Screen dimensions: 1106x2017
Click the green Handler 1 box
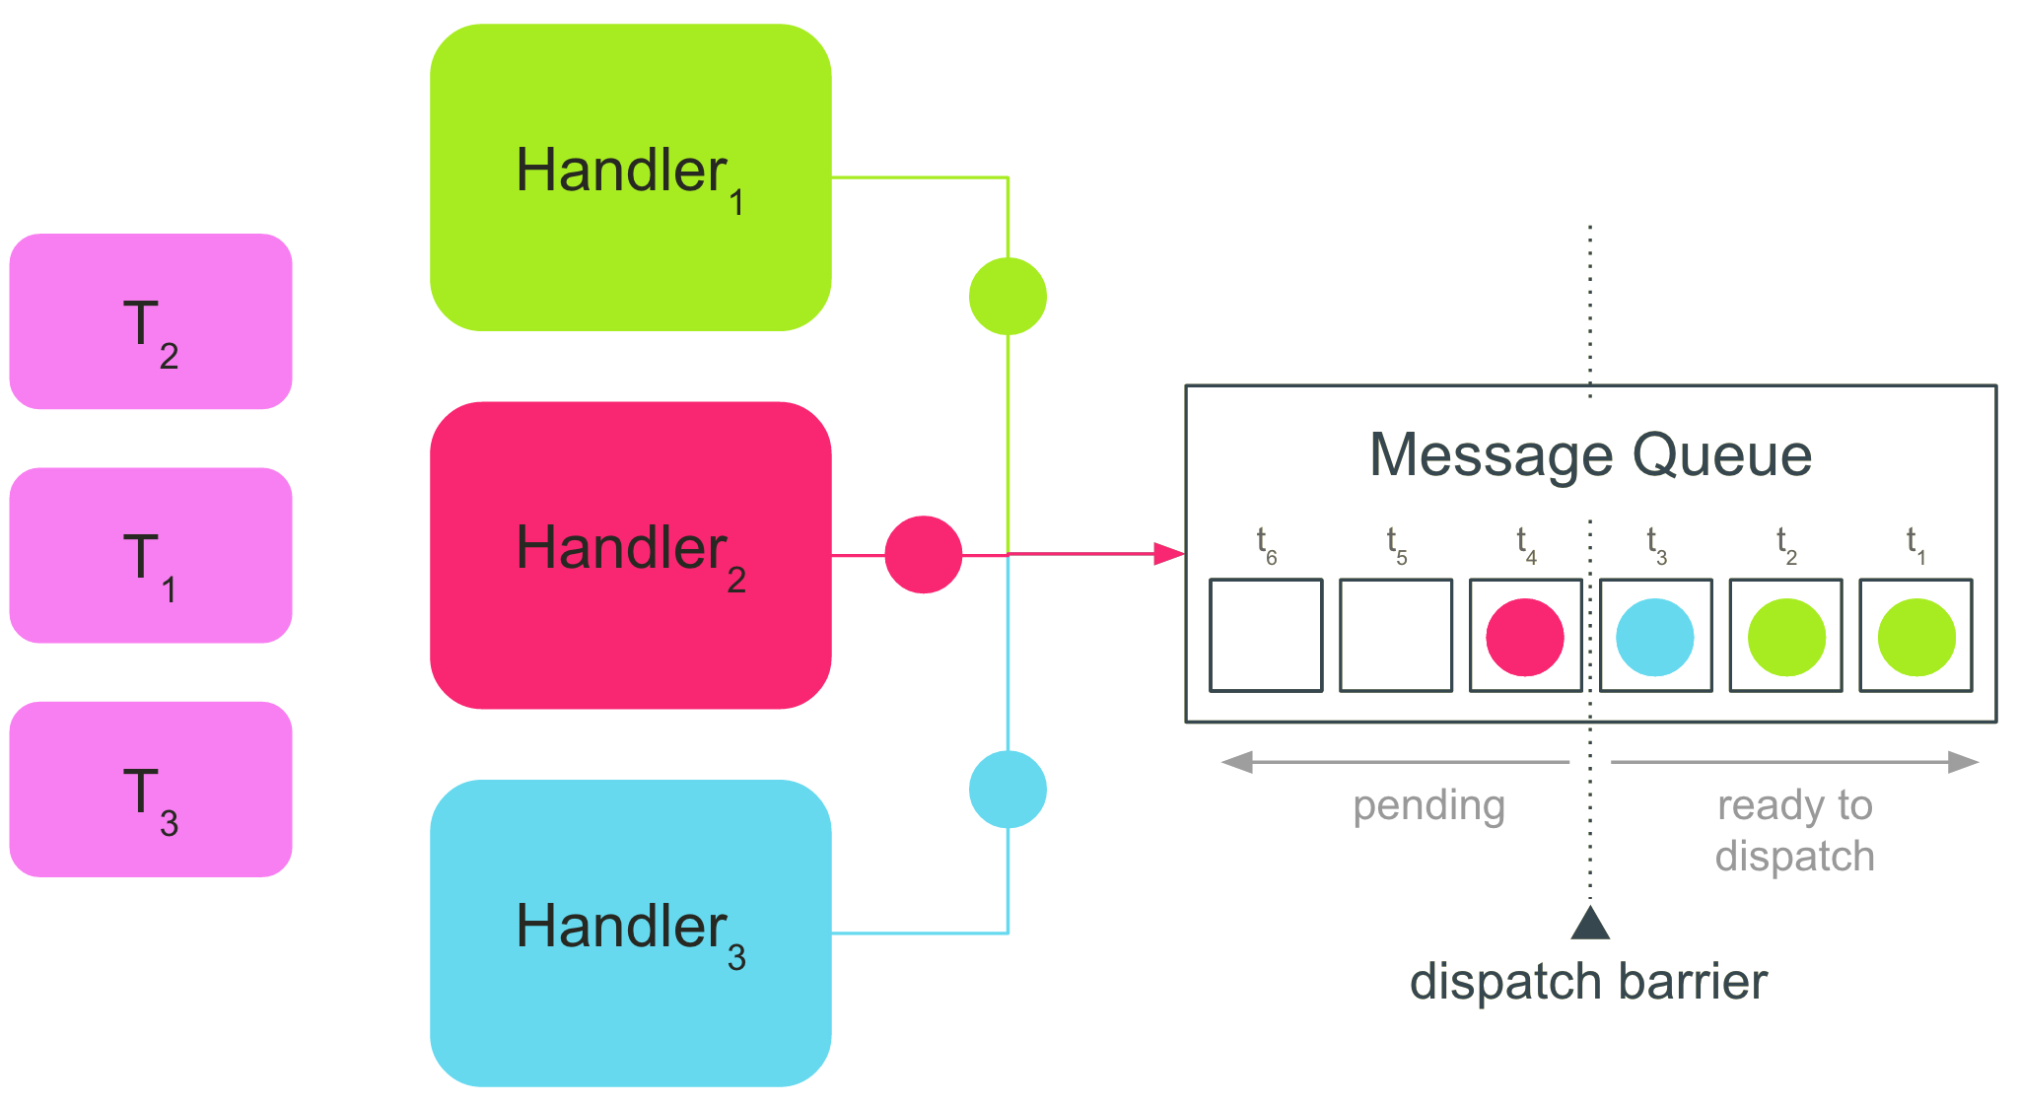coord(630,177)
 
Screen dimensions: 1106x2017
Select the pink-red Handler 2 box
coord(630,555)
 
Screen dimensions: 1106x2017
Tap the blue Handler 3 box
coord(630,933)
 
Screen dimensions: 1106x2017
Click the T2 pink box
coord(151,321)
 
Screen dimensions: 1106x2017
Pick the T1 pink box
coord(151,555)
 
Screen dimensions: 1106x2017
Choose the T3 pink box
coord(151,789)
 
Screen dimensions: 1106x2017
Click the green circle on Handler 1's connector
coord(1008,296)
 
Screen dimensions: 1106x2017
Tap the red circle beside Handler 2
coord(923,554)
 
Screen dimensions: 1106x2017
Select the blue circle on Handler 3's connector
coord(1008,789)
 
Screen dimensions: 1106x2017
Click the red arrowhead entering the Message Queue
coord(1169,554)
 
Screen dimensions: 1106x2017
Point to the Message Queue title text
coord(1590,454)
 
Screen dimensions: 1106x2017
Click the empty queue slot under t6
coord(1266,636)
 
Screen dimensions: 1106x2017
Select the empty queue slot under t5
coord(1396,636)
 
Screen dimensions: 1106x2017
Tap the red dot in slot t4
coord(1525,637)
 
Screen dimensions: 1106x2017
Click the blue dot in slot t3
coord(1655,637)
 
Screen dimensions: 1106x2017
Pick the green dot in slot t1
coord(1916,637)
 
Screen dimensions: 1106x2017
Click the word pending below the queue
coord(1428,805)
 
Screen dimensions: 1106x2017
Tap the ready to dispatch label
coord(1794,830)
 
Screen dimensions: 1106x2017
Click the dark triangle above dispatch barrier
coord(1590,925)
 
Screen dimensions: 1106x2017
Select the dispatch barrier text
coord(1588,982)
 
